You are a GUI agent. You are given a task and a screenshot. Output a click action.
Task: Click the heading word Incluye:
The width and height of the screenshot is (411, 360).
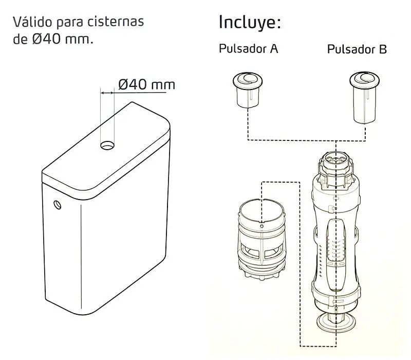250,23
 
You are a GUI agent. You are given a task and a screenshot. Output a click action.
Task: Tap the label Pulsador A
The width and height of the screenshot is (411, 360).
249,49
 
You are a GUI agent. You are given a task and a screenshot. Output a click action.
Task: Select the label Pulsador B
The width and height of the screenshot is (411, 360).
357,49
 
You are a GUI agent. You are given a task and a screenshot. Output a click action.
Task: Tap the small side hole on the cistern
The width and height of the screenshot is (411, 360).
57,205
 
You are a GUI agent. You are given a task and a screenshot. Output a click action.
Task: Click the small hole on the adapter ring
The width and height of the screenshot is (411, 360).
261,224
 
